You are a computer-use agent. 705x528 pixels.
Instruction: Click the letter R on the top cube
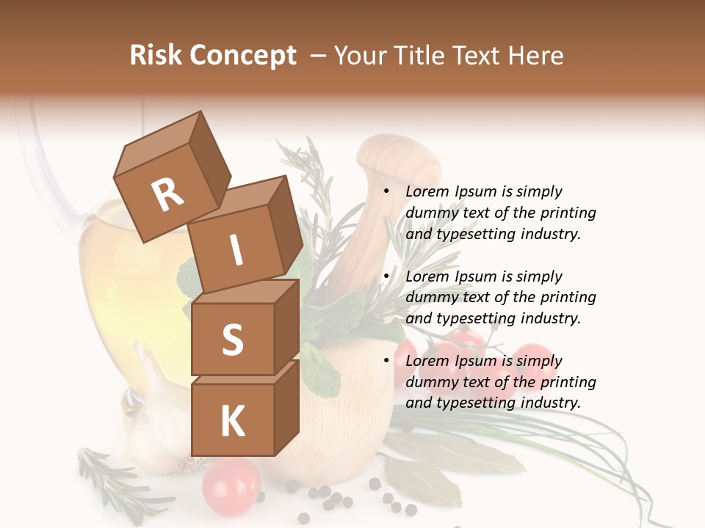coord(167,195)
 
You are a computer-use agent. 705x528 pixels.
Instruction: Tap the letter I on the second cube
coord(236,251)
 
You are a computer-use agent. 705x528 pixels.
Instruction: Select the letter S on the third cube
coord(232,340)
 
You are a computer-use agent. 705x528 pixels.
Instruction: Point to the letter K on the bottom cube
coord(232,422)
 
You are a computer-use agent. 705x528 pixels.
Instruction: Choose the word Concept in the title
coord(243,56)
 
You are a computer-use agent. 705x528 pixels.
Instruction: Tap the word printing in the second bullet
coord(568,298)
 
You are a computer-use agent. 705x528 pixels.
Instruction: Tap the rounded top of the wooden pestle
coord(397,157)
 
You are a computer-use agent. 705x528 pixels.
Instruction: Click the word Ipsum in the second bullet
coord(477,277)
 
